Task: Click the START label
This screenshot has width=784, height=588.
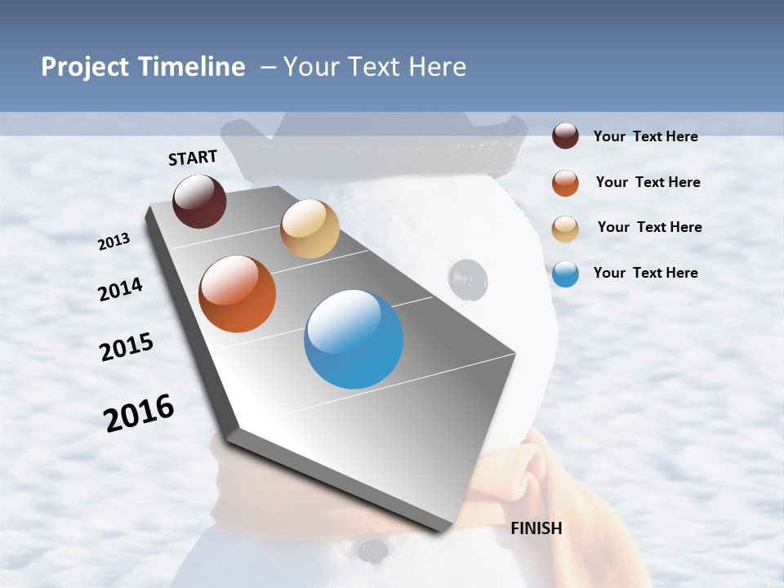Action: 193,158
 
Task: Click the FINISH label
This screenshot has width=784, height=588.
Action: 537,528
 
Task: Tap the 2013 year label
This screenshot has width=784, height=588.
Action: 114,241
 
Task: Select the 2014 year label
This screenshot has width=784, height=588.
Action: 120,289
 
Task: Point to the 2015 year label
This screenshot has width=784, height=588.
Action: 127,347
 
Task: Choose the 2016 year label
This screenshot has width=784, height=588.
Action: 139,413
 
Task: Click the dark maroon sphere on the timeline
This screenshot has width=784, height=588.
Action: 199,201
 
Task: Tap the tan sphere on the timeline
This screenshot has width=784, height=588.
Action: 310,229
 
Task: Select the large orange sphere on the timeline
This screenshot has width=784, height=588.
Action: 238,294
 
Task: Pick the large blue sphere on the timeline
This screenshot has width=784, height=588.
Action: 354,339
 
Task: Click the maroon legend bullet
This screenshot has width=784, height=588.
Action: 565,136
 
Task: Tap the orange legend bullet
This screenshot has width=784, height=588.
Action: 565,183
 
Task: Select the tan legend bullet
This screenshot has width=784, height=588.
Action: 565,229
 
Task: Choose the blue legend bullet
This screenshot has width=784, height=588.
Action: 565,274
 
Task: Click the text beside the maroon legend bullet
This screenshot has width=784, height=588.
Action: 645,136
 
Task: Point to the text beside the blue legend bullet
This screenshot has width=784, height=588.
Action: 645,273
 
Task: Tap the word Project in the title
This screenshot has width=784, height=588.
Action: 85,67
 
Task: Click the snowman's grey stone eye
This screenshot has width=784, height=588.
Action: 469,278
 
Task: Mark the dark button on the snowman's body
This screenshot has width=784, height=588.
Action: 373,550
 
